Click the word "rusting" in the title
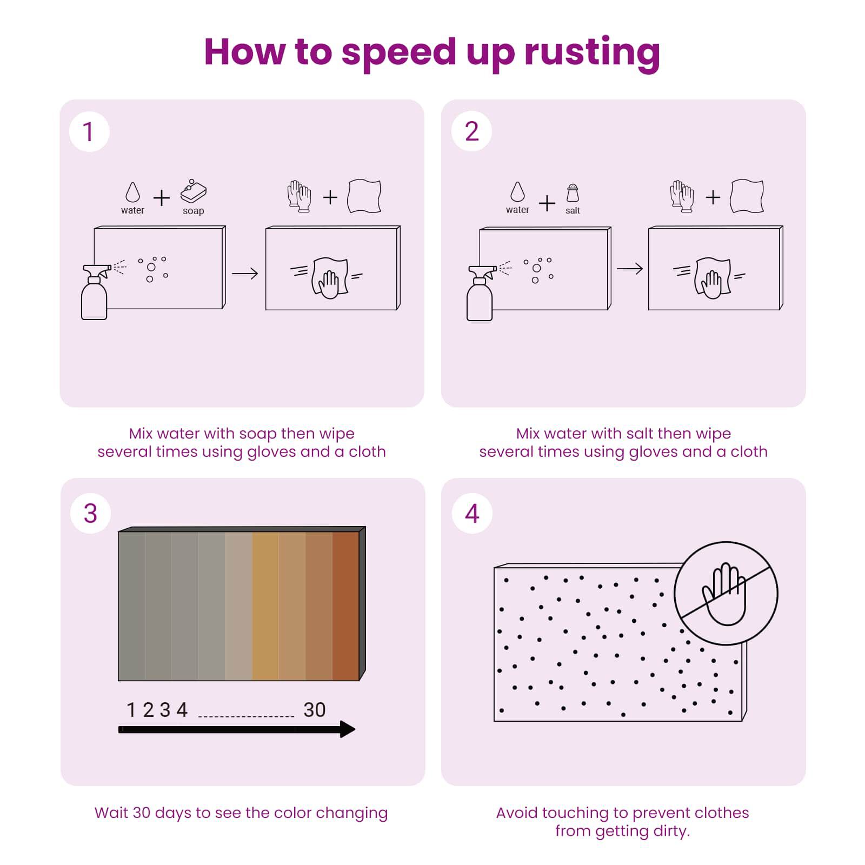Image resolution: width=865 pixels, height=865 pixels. [592, 53]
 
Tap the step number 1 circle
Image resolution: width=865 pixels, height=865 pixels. [89, 132]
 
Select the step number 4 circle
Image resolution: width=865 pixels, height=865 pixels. [472, 513]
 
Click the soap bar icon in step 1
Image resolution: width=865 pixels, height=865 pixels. [193, 191]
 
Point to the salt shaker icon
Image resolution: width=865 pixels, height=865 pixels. [573, 193]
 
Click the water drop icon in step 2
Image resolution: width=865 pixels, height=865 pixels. [517, 191]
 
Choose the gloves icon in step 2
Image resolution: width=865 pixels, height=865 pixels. [682, 196]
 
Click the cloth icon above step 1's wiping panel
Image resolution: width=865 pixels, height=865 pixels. [364, 196]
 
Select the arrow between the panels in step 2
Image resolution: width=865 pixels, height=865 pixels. [630, 269]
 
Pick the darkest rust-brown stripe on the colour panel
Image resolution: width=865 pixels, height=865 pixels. [345, 605]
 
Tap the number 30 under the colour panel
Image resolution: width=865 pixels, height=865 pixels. [315, 710]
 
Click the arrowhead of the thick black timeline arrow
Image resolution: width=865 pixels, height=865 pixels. [347, 729]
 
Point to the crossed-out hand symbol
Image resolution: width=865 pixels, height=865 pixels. [726, 594]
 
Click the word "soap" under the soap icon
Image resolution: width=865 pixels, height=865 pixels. [193, 211]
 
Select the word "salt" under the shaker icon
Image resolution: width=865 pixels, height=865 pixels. [573, 210]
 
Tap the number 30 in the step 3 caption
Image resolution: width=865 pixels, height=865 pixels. [141, 813]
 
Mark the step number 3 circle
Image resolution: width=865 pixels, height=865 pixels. [90, 513]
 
